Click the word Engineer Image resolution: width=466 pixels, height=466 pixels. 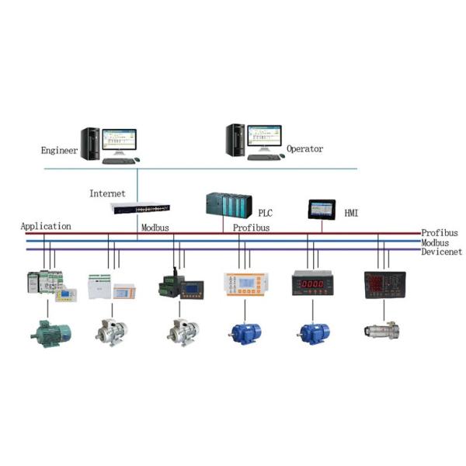tap(59, 150)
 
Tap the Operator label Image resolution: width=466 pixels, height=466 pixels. tap(304, 148)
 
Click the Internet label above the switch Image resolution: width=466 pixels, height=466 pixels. tap(107, 193)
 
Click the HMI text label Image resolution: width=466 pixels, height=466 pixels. tap(351, 212)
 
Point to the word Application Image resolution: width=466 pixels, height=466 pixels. tap(46, 227)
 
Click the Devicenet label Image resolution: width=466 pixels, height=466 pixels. tap(441, 252)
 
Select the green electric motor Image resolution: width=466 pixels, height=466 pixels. tap(50, 329)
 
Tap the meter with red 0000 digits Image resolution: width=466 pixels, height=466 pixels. tap(312, 283)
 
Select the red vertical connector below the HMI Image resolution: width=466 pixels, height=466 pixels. tap(322, 225)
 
